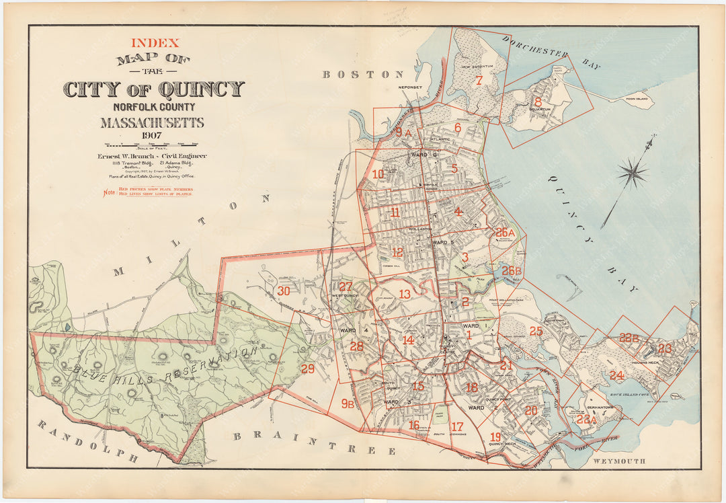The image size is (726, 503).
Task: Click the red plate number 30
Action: click(x=284, y=291)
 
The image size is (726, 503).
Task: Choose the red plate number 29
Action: click(x=307, y=369)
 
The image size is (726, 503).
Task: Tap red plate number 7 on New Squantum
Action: click(x=479, y=81)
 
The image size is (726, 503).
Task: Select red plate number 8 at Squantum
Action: click(x=538, y=102)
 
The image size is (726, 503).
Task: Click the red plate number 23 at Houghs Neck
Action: click(x=664, y=348)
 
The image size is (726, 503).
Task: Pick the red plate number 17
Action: click(x=457, y=426)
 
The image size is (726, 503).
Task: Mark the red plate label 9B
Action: click(x=348, y=403)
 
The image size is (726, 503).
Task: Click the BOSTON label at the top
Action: click(x=363, y=74)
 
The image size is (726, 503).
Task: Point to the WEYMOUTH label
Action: click(x=619, y=461)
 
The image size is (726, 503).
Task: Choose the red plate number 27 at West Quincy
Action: click(x=345, y=286)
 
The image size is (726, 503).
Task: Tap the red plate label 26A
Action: click(x=505, y=233)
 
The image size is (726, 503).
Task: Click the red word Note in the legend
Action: click(x=108, y=194)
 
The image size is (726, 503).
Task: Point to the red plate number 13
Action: click(x=404, y=294)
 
